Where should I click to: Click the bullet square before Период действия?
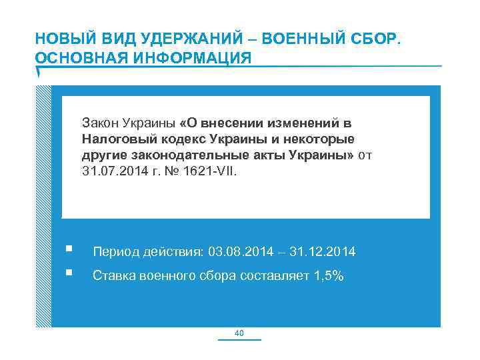(69, 251)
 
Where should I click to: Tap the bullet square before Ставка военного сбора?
(69, 273)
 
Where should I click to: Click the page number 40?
(240, 333)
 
